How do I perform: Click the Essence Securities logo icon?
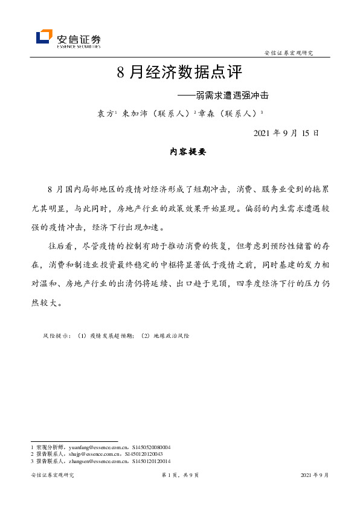pos(44,37)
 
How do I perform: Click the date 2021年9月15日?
pos(285,133)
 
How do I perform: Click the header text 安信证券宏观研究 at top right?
pos(289,53)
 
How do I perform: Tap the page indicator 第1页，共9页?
pos(180,476)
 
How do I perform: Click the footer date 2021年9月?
pos(315,476)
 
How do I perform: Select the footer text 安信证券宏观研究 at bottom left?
pos(52,476)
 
